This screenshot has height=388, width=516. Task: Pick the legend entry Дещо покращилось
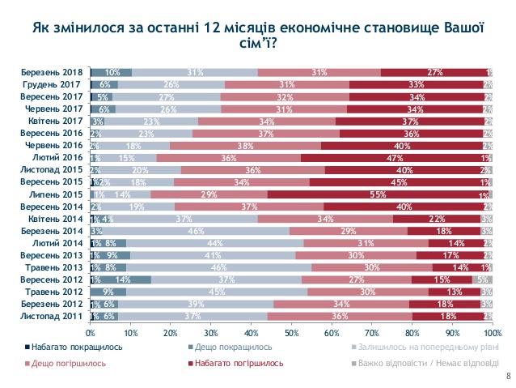(x=226, y=347)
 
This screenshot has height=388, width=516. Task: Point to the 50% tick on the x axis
(x=290, y=331)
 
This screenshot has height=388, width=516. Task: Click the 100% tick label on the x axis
(x=491, y=331)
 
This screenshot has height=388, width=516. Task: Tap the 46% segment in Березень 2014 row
(x=192, y=231)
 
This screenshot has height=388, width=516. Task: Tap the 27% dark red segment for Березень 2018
(x=434, y=73)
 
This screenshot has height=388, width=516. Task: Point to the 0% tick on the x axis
(x=91, y=331)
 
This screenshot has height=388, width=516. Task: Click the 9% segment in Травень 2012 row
(x=108, y=292)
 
